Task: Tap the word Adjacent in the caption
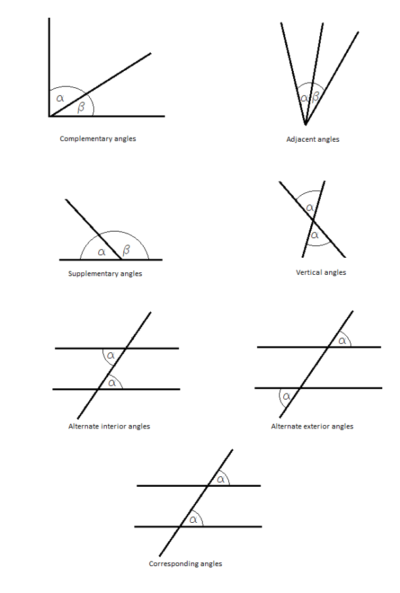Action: pyautogui.click(x=298, y=140)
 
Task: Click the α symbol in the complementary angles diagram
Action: pyautogui.click(x=60, y=98)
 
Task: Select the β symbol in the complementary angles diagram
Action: pyautogui.click(x=81, y=108)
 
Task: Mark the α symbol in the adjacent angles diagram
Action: pyautogui.click(x=304, y=98)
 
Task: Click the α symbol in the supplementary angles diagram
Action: pyautogui.click(x=102, y=252)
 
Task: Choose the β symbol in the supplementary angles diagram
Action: pyautogui.click(x=127, y=250)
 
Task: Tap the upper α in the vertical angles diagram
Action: pyautogui.click(x=310, y=207)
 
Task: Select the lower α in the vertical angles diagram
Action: pyautogui.click(x=315, y=235)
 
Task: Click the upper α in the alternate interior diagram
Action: pyautogui.click(x=110, y=355)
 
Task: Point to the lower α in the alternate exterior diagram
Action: pyautogui.click(x=287, y=396)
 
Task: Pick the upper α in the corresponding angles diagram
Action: pyautogui.click(x=221, y=479)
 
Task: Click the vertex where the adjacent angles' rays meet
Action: pyautogui.click(x=306, y=125)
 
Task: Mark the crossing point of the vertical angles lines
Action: pyautogui.click(x=313, y=219)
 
